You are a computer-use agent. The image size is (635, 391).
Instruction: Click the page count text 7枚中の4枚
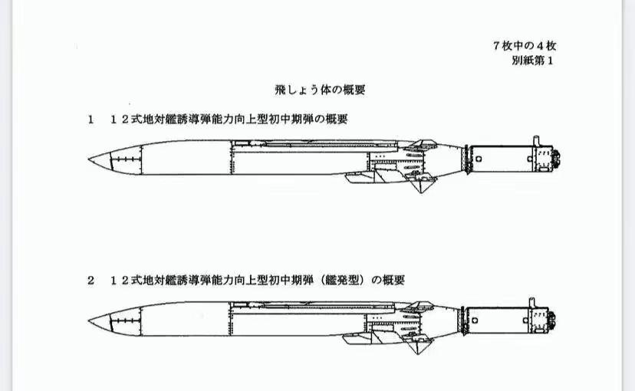(525, 46)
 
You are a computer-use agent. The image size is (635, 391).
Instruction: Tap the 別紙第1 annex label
(535, 60)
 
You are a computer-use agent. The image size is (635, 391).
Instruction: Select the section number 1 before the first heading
(90, 120)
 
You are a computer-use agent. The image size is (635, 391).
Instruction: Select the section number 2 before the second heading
(90, 281)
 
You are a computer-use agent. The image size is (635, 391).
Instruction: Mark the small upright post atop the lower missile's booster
(535, 298)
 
